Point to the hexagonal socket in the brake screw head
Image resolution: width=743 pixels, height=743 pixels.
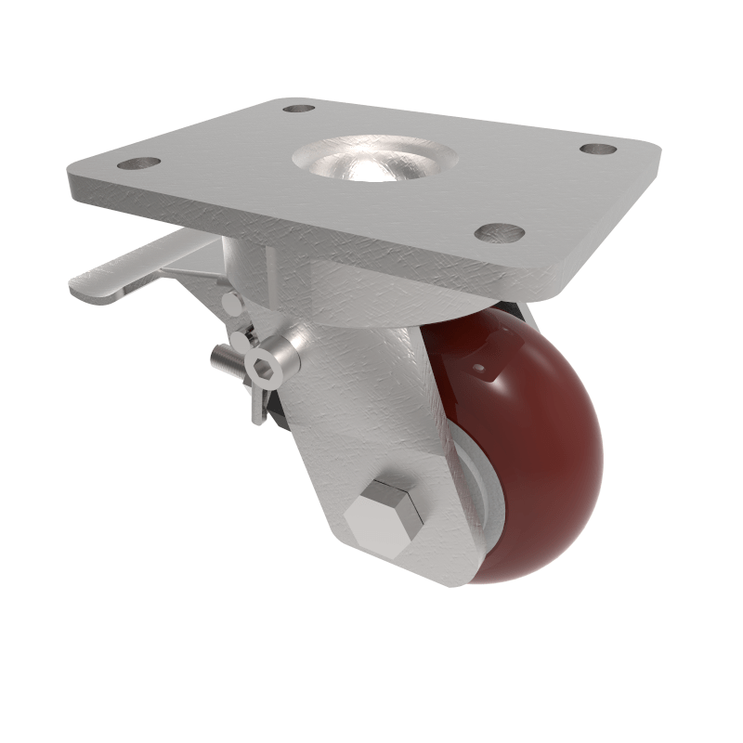point(269,371)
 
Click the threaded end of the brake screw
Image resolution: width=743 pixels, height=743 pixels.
point(219,356)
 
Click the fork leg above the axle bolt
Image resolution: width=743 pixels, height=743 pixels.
point(371,409)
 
